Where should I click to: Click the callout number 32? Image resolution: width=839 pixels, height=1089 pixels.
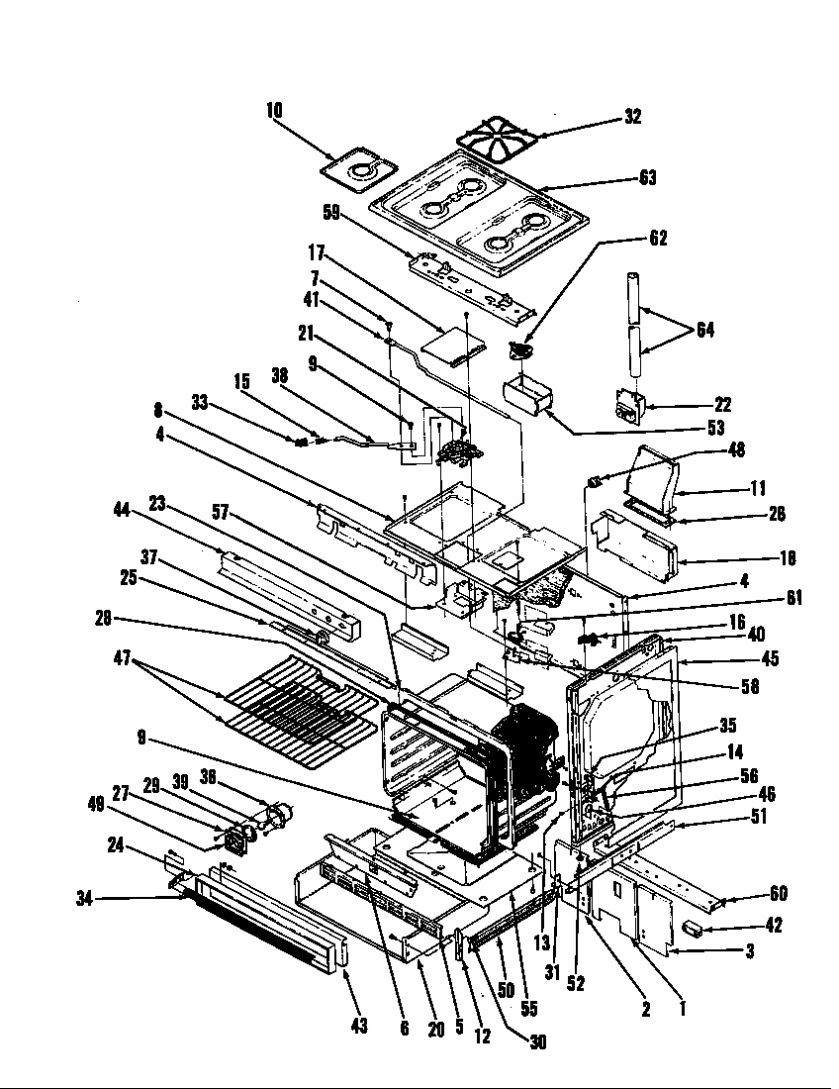[633, 117]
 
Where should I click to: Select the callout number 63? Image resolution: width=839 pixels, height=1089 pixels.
[647, 178]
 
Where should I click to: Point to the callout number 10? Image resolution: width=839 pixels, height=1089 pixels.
[274, 111]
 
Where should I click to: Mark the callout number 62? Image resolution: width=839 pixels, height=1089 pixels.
[658, 238]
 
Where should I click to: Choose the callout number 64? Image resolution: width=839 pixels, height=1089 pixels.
[704, 330]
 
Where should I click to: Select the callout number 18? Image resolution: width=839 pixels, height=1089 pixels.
[788, 558]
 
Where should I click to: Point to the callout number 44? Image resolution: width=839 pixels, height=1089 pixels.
[123, 510]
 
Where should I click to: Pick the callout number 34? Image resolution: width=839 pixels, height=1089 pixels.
[84, 898]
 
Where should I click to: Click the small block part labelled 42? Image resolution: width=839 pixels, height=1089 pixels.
[693, 927]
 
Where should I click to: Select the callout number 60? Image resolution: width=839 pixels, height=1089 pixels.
[779, 894]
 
